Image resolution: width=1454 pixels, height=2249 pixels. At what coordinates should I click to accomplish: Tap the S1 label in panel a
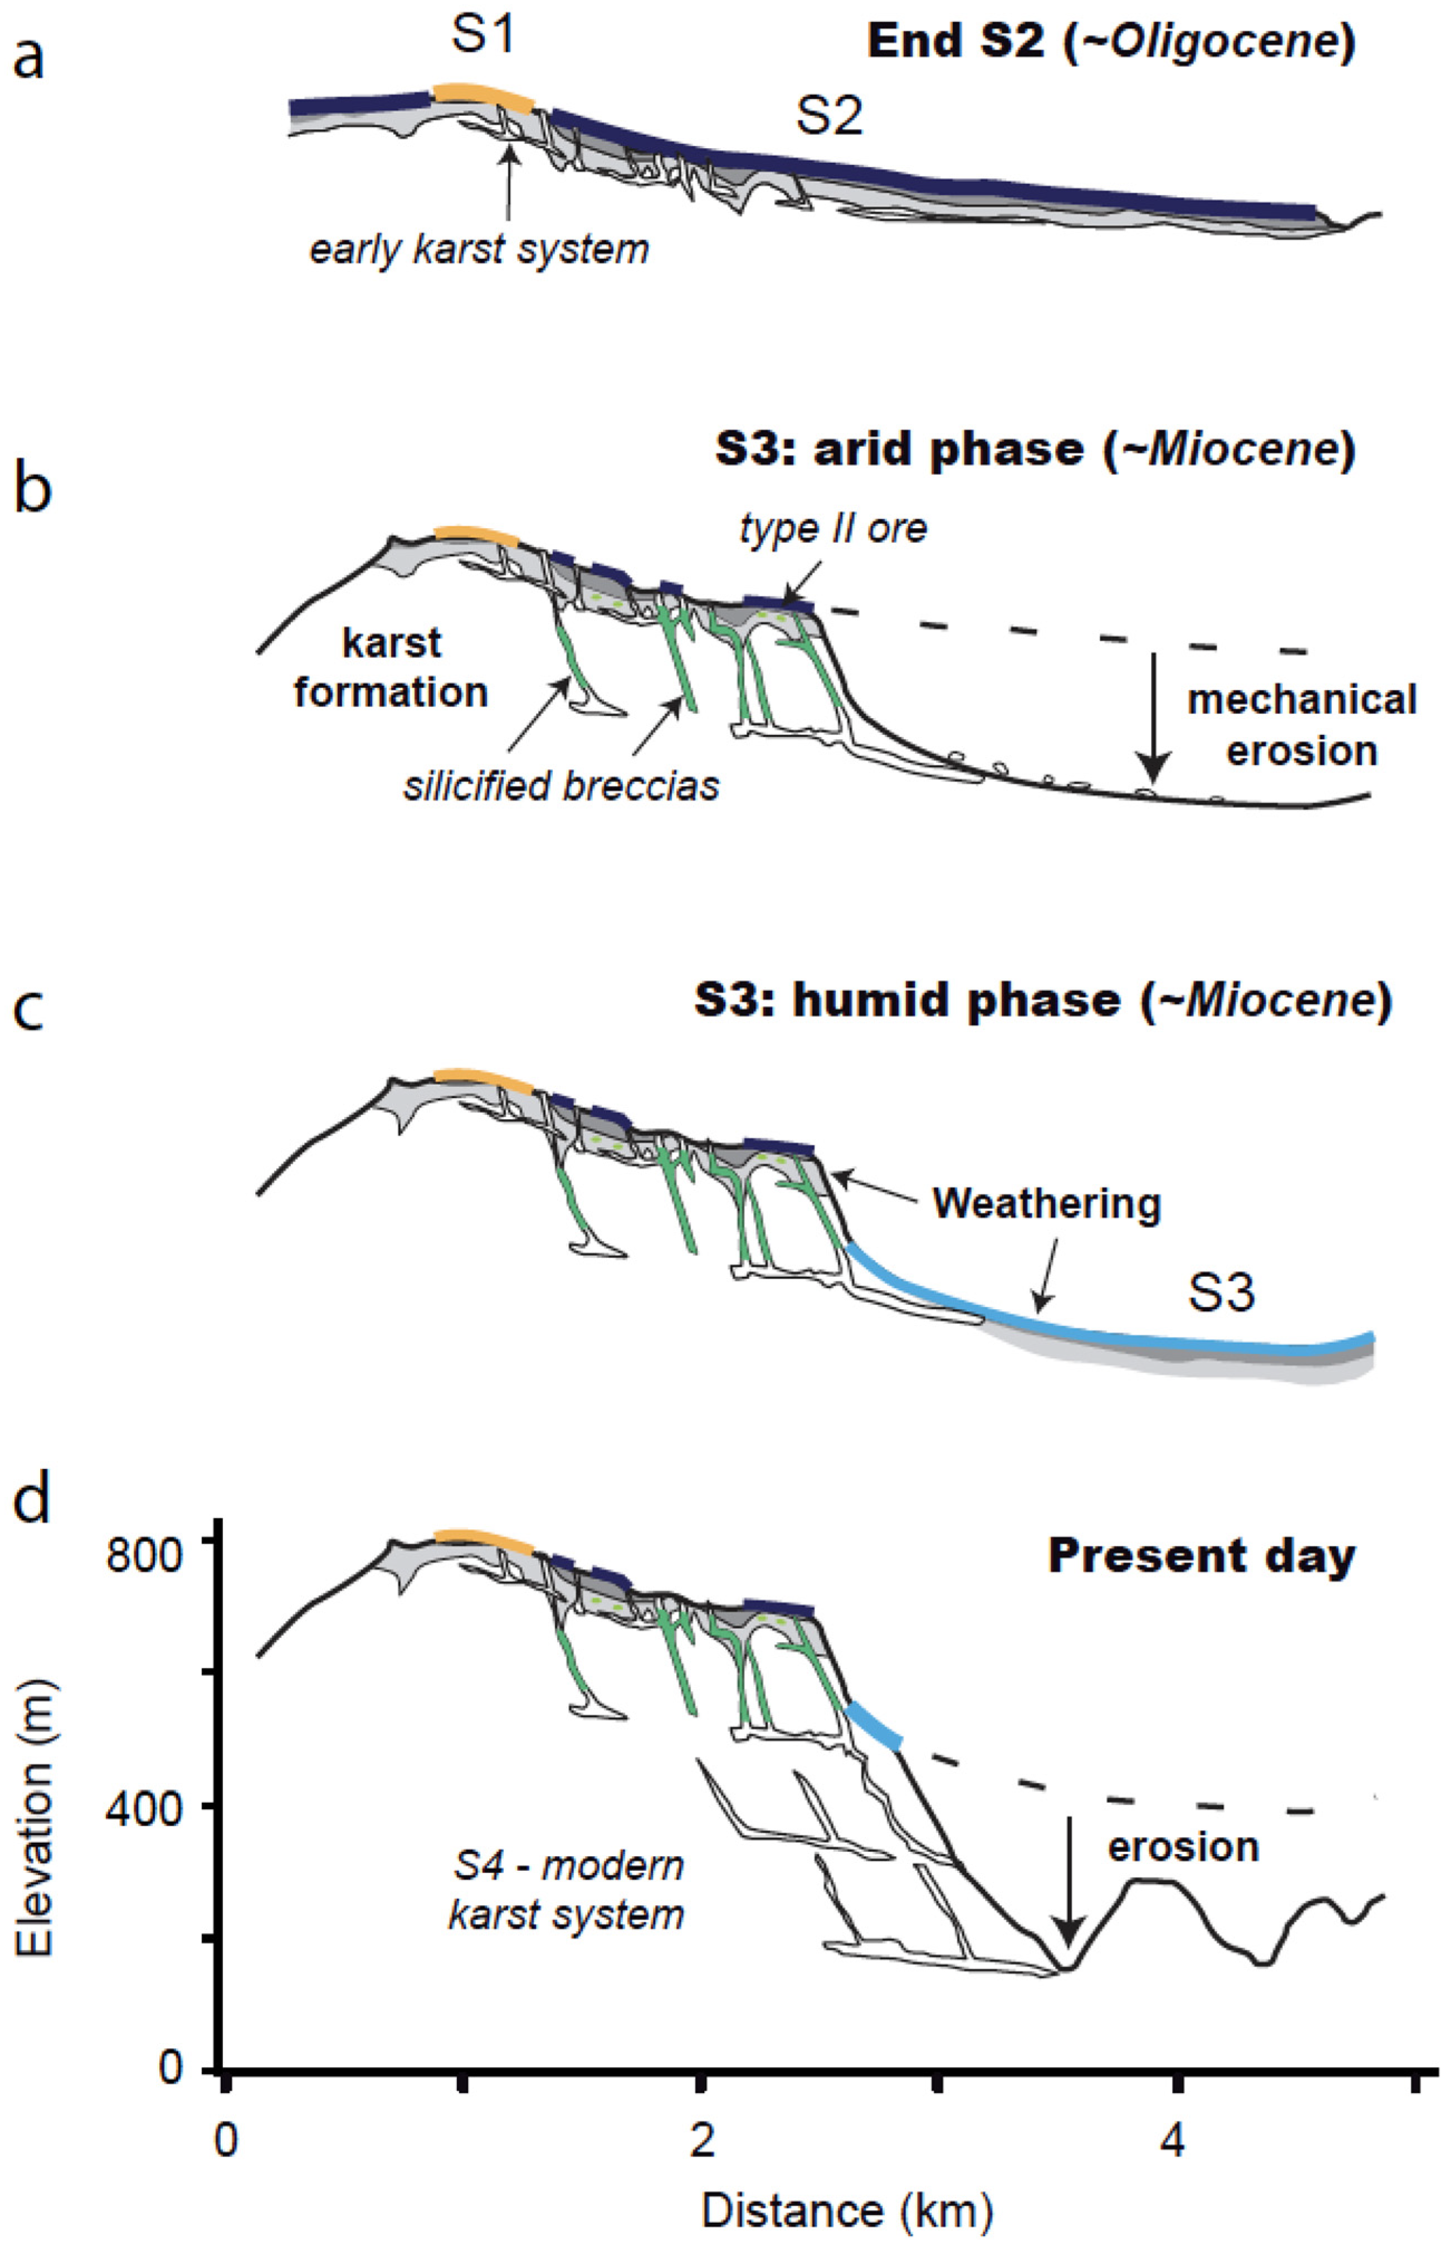coord(482,35)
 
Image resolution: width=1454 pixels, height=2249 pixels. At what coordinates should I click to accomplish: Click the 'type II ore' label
coord(833,529)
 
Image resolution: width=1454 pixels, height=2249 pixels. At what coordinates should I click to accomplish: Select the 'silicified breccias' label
coord(561,786)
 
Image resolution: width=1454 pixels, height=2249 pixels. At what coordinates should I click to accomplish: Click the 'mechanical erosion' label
coord(1301,725)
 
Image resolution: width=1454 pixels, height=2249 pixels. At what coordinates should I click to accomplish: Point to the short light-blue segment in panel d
coord(874,1725)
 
